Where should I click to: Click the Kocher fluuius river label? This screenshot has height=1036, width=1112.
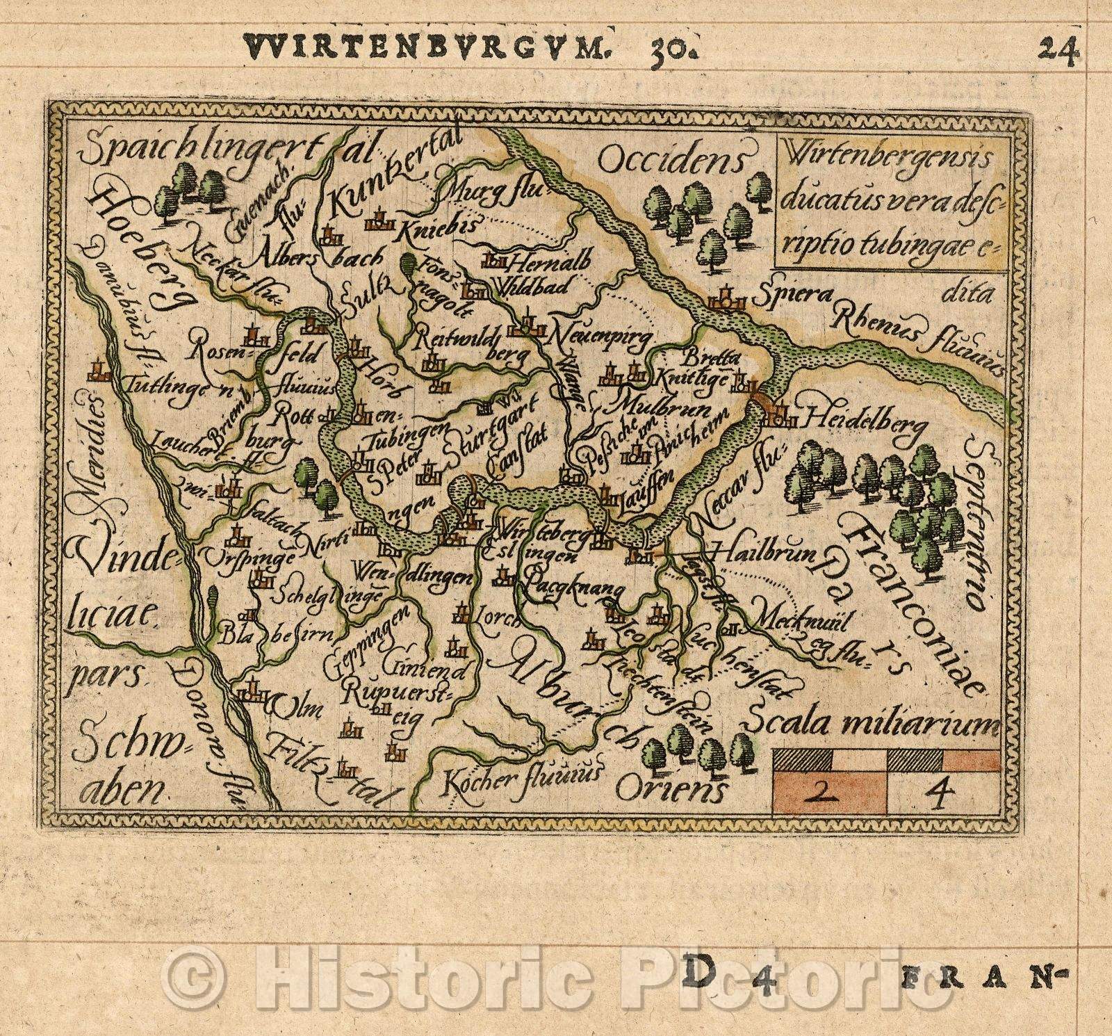coord(521,775)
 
